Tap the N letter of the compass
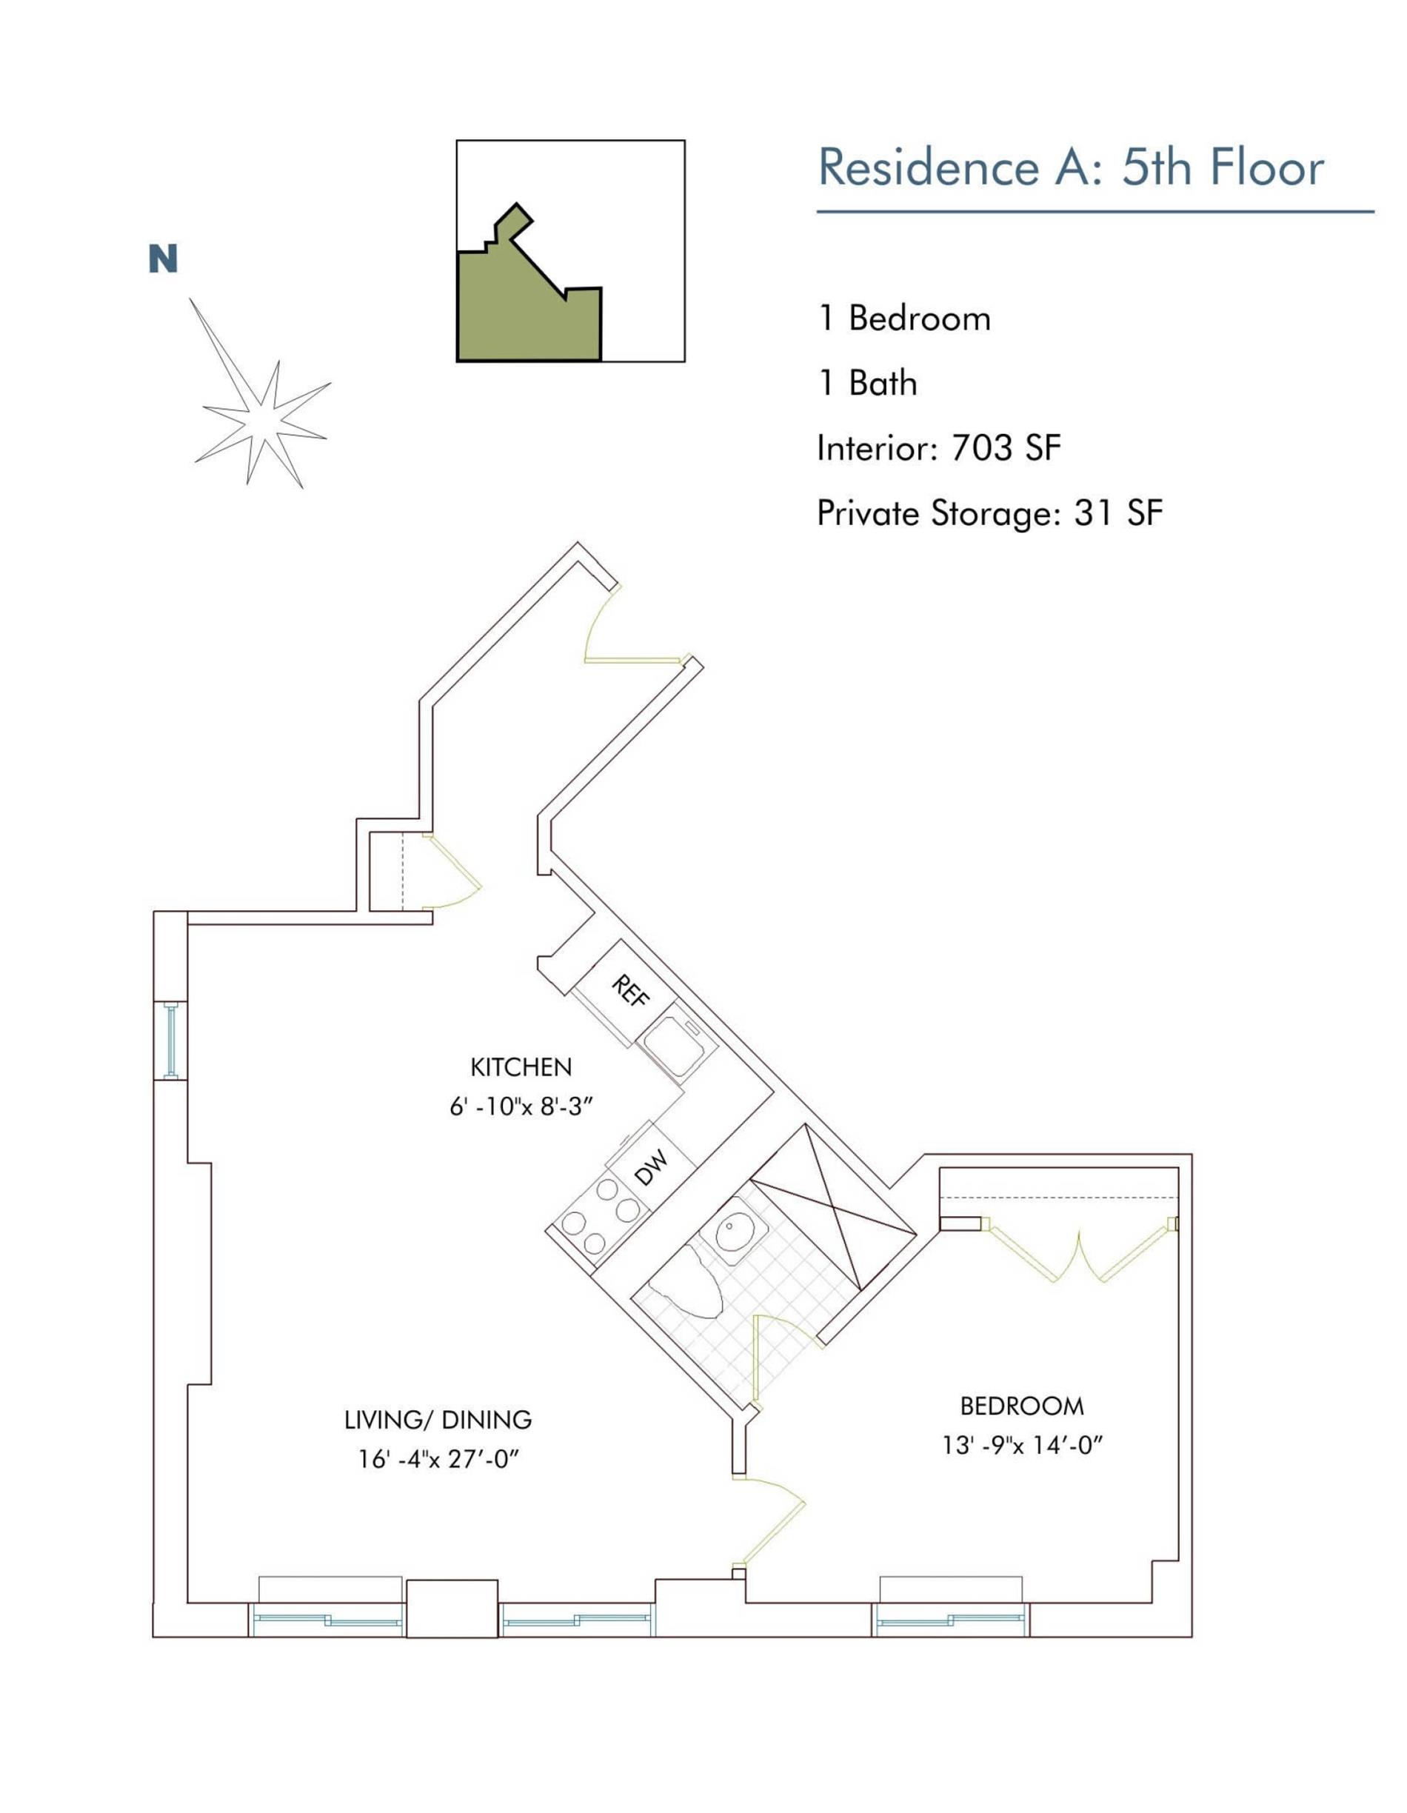[x=163, y=260]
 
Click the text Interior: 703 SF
[x=938, y=449]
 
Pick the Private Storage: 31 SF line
[x=989, y=514]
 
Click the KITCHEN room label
[x=521, y=1067]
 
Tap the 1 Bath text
[x=866, y=384]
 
